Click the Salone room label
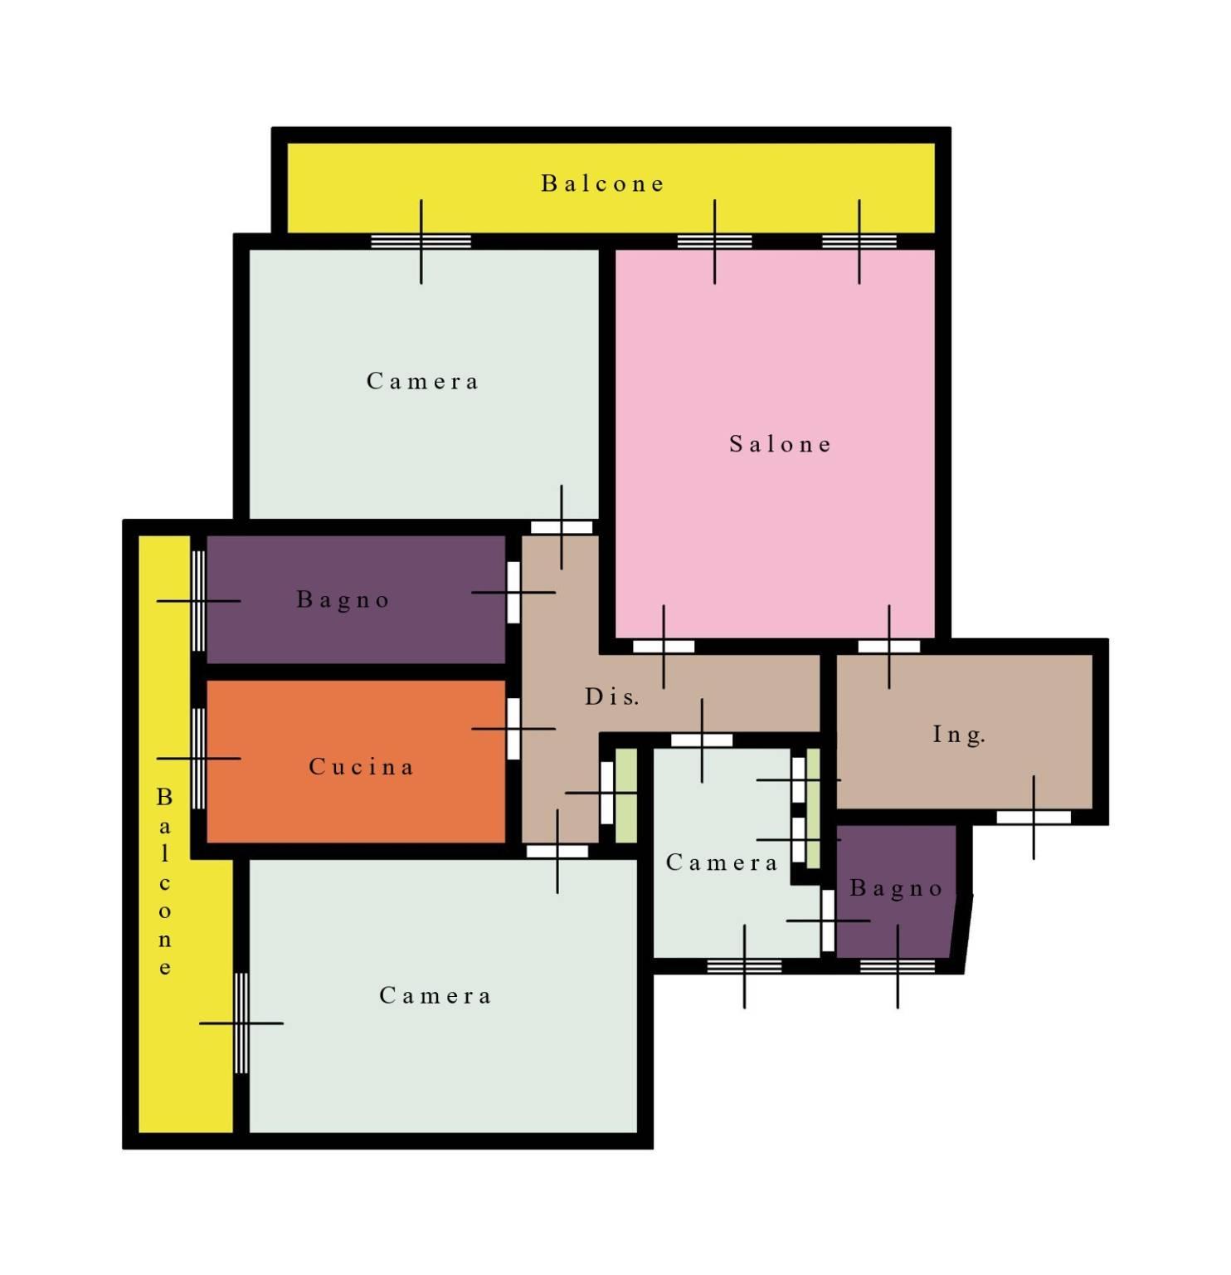coord(780,445)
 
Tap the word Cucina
coord(361,767)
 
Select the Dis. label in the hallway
coord(612,697)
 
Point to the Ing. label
coord(959,735)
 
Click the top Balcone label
coord(603,183)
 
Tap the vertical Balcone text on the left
coord(164,882)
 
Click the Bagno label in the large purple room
coord(343,600)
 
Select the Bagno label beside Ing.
coord(897,889)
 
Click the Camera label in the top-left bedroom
coord(423,382)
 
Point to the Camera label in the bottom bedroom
coord(435,996)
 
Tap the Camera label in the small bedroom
coord(722,863)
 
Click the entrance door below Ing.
coord(1034,818)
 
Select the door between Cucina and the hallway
coord(513,729)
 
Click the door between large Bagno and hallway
coord(513,592)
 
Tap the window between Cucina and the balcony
coord(199,759)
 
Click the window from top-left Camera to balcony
coord(421,242)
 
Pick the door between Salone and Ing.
coord(889,647)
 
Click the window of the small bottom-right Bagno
coord(898,966)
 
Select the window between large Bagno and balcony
coord(199,601)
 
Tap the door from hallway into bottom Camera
coord(557,852)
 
